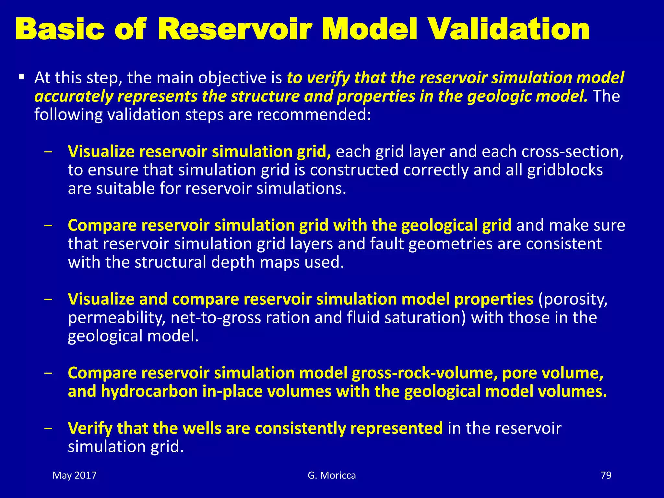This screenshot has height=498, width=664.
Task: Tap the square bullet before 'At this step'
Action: tap(22, 77)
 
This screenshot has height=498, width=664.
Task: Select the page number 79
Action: tap(606, 475)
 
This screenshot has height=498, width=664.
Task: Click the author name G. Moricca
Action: tap(332, 475)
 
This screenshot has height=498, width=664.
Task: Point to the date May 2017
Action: tap(75, 475)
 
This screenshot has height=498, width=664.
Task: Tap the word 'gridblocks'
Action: tap(565, 170)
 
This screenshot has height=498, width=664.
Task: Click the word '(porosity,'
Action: tap(573, 299)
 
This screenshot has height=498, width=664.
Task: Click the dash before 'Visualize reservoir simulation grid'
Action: tap(49, 152)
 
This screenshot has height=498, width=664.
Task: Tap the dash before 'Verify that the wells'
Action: tap(49, 429)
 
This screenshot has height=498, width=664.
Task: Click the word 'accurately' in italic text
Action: tap(74, 97)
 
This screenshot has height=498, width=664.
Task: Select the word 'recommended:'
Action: tap(314, 115)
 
